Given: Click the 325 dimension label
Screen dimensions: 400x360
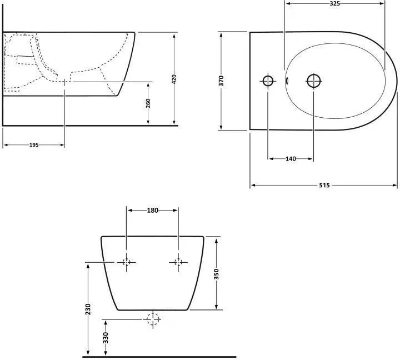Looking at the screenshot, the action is click(334, 3).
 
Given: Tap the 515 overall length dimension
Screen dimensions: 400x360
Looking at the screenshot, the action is click(324, 185).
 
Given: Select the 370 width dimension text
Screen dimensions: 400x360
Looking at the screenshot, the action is click(221, 81).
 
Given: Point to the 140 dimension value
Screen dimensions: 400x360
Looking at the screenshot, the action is click(291, 159).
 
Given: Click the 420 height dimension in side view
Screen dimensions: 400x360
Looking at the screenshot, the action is click(174, 79).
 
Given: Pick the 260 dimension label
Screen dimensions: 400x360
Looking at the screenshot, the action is click(148, 103).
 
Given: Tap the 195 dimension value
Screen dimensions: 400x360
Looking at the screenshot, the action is click(34, 145).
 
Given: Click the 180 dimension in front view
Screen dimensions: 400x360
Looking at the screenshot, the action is click(153, 210).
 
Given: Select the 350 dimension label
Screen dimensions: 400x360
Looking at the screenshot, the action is click(216, 274).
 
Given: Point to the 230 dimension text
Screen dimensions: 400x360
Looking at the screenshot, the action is click(88, 309).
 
